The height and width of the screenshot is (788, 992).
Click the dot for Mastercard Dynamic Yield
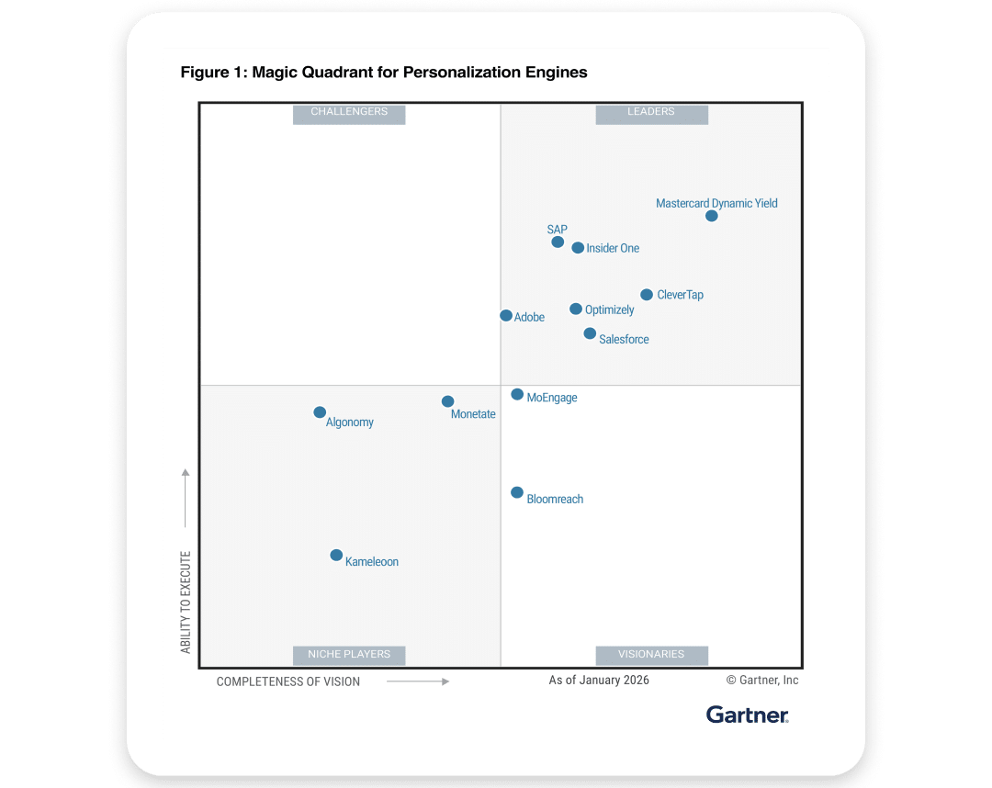(x=712, y=216)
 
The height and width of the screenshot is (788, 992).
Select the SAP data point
(x=558, y=242)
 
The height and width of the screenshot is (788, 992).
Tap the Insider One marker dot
(x=578, y=248)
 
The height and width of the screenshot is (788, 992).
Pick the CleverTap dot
(x=647, y=295)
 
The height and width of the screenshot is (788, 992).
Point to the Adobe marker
(x=506, y=315)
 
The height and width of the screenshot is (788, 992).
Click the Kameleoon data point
(x=336, y=555)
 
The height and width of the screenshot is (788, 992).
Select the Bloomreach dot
(x=517, y=492)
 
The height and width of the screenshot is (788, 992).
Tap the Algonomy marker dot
(x=320, y=412)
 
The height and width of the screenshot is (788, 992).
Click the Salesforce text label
(x=624, y=340)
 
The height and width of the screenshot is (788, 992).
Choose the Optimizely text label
(x=609, y=310)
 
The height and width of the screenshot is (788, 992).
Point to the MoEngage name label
(x=552, y=399)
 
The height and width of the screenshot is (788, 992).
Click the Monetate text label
(x=473, y=414)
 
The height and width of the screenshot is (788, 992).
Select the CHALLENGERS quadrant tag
(x=349, y=112)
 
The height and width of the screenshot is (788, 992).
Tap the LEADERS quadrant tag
(x=651, y=112)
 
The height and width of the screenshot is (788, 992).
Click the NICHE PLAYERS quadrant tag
(x=349, y=655)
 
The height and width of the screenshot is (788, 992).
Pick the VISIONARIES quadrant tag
(x=651, y=655)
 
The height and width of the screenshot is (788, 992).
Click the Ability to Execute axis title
(x=186, y=602)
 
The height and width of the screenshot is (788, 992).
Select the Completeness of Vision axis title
(x=288, y=681)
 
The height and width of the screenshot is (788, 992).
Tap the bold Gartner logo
(x=748, y=715)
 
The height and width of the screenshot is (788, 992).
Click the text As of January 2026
(x=599, y=681)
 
